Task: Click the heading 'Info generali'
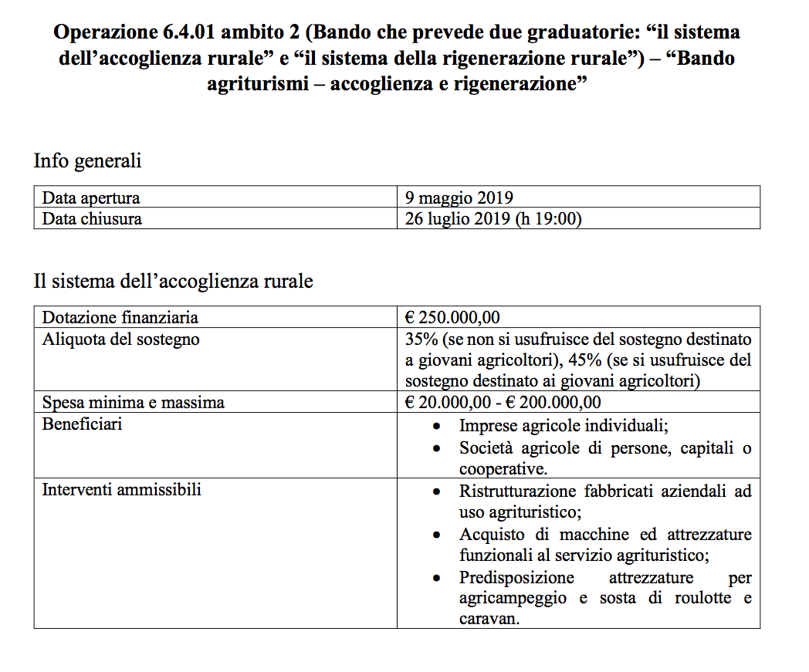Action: tap(87, 162)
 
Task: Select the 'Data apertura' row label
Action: tap(91, 198)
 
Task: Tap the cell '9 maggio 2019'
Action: tap(459, 198)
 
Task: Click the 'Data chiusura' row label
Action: tap(92, 218)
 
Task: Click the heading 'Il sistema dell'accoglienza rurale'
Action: tap(173, 282)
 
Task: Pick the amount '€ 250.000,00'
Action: tap(452, 317)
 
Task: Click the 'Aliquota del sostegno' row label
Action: tap(120, 339)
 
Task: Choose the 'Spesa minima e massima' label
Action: tap(134, 402)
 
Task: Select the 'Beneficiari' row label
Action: tap(82, 424)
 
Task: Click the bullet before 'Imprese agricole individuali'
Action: tap(438, 426)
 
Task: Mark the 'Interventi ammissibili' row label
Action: tap(121, 489)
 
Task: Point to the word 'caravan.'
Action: tap(488, 618)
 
